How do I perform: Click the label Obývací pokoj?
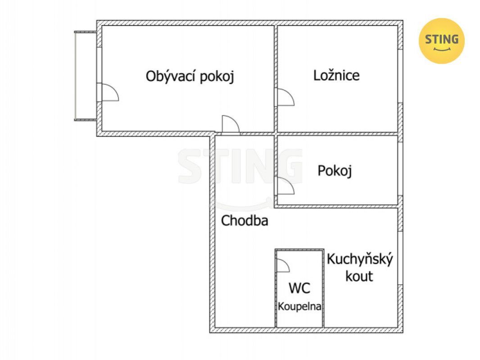tap(190, 76)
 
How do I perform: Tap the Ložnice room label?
tap(336, 75)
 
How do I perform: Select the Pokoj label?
tap(335, 171)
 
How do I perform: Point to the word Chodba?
tap(245, 221)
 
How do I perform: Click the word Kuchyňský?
tap(360, 260)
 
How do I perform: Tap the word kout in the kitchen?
tap(359, 276)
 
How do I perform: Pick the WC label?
tap(299, 288)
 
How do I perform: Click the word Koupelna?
tap(299, 306)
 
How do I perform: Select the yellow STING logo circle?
tap(441, 41)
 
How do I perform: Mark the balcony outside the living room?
tap(86, 76)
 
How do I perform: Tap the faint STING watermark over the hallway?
tap(240, 167)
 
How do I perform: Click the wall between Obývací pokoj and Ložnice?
tap(276, 79)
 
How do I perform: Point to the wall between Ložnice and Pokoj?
tap(337, 134)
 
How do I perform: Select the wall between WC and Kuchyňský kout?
tap(324, 289)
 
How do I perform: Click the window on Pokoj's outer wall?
tap(400, 169)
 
